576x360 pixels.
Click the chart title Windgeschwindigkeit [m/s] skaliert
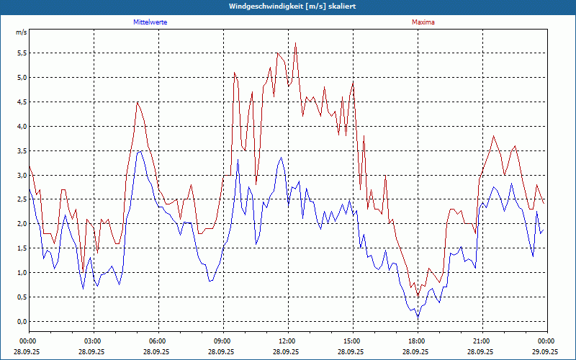coord(288,6)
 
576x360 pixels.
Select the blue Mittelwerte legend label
coord(155,22)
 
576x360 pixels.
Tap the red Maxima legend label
coord(423,22)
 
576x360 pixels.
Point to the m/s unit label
coord(21,32)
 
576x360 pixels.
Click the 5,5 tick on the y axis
coord(21,53)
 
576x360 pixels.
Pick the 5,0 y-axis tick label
coord(21,77)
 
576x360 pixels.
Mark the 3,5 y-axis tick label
coord(21,150)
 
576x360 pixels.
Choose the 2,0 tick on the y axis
coord(21,223)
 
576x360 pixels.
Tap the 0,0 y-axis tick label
coord(21,321)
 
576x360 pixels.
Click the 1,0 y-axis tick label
coord(21,272)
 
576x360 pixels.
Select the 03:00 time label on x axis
coord(93,341)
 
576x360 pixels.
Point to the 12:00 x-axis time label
coord(287,341)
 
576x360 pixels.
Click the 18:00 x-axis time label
coord(417,341)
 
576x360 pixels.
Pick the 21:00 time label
coord(482,341)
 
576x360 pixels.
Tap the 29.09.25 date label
coord(546,352)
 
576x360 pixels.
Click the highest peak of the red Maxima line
coord(296,43)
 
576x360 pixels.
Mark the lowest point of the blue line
coord(418,317)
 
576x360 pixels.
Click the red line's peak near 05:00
coord(137,102)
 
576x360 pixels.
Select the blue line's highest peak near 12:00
coord(282,157)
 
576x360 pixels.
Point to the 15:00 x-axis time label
coord(352,341)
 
